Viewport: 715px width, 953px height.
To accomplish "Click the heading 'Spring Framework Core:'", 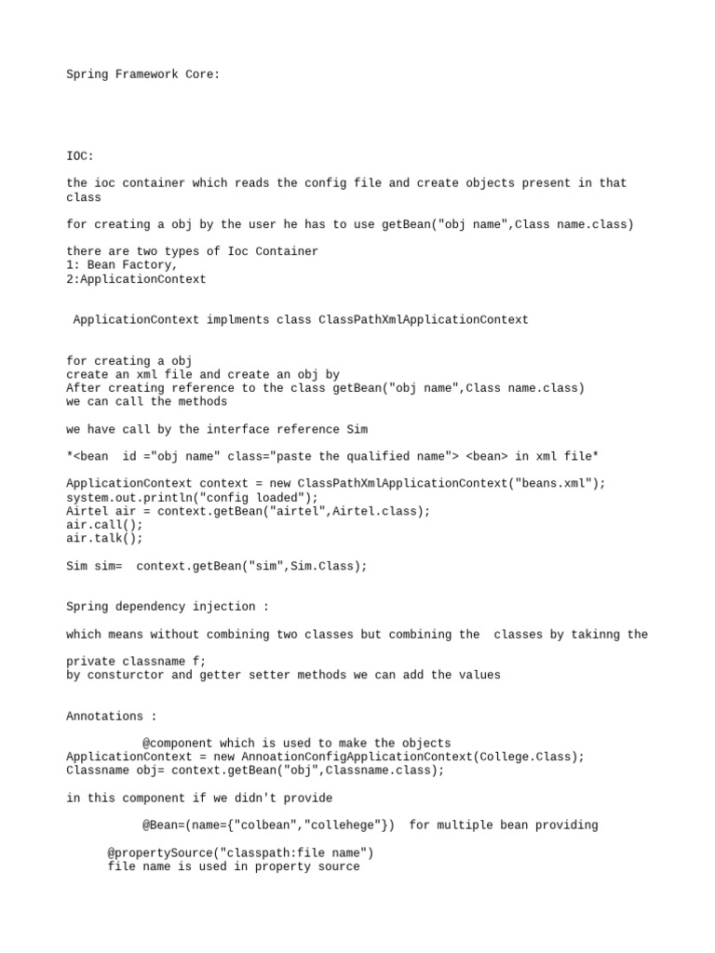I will (143, 74).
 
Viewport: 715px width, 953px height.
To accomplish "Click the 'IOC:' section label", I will (80, 155).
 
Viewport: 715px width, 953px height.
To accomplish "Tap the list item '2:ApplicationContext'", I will (136, 278).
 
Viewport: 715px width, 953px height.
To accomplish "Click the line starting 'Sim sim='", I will (217, 566).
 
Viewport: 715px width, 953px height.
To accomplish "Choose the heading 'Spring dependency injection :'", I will (168, 607).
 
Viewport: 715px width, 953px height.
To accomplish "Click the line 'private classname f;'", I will (136, 662).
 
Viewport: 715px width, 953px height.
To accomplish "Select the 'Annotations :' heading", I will (112, 717).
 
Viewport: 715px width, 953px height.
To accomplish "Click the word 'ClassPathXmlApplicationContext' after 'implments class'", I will (423, 320).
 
